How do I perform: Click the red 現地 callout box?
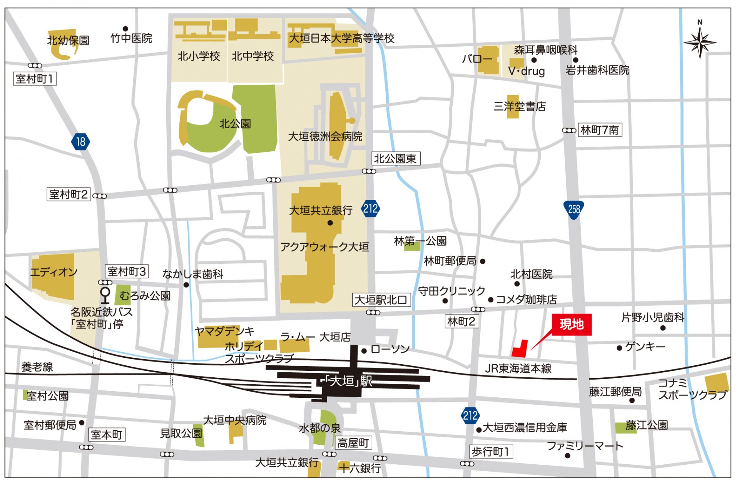(571, 325)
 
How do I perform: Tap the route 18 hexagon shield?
(80, 142)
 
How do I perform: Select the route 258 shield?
(573, 209)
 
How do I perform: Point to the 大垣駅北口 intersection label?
(381, 300)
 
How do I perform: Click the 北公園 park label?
(235, 124)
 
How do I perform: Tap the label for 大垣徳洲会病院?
(325, 137)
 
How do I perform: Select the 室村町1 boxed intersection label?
(35, 79)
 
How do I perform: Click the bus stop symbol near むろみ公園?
(105, 295)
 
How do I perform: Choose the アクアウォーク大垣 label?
(324, 247)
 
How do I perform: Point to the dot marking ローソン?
(364, 350)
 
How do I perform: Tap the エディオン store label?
(54, 272)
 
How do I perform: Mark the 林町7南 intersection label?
(599, 130)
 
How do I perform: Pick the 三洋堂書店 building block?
(512, 107)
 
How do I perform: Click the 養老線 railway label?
(37, 367)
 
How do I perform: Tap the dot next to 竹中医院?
(125, 28)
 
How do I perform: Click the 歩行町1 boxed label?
(490, 451)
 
